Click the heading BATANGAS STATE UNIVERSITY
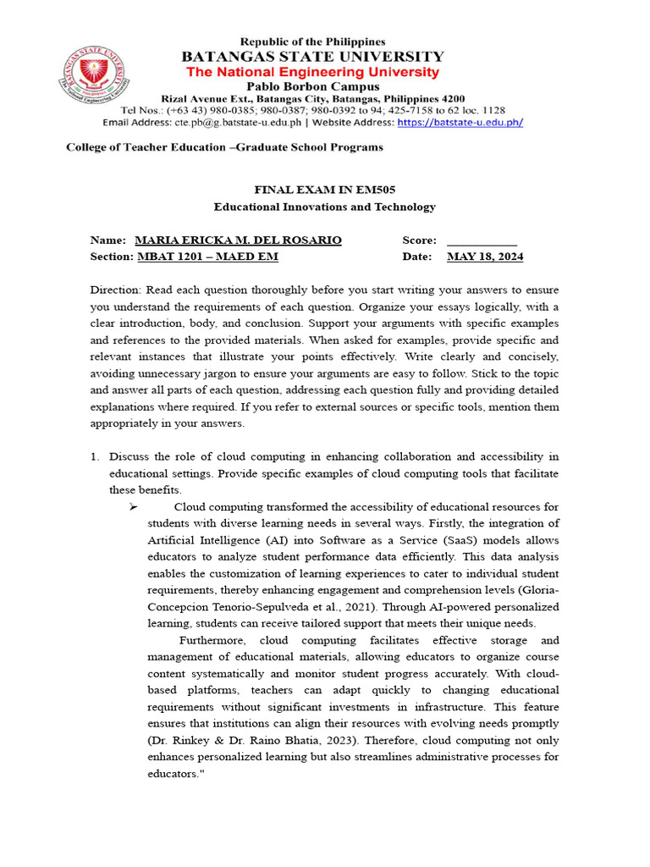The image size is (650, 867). [313, 57]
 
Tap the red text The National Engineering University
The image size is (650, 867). [313, 72]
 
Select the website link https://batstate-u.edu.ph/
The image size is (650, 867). [460, 122]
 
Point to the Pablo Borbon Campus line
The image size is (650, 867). [313, 86]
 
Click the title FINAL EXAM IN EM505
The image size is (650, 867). [324, 190]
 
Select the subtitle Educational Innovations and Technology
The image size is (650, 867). [324, 207]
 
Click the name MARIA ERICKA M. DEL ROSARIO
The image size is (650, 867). [238, 240]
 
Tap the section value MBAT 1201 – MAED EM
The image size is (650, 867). [207, 257]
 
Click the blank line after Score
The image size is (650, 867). [481, 240]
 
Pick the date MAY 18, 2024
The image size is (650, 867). [485, 257]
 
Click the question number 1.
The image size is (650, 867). [95, 457]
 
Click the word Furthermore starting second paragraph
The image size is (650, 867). [214, 641]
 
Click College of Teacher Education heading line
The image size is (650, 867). [224, 147]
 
